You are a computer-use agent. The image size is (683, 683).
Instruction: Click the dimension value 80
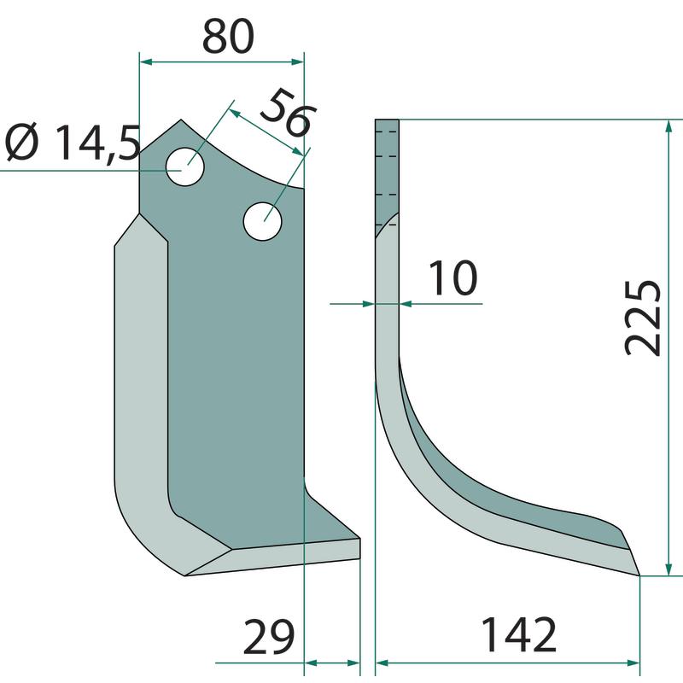point(228,37)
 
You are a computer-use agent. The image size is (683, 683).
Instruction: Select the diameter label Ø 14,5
point(73,143)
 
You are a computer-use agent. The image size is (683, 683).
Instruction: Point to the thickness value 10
point(453,278)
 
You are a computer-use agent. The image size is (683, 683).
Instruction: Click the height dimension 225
point(643,318)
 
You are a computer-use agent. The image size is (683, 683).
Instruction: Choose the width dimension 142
point(518,634)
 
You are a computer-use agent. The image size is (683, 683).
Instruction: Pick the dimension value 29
point(268,636)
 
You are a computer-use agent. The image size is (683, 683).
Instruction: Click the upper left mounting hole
point(185,166)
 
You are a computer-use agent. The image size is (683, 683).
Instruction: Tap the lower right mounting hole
point(262,221)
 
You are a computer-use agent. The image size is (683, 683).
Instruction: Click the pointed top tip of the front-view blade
point(181,120)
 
